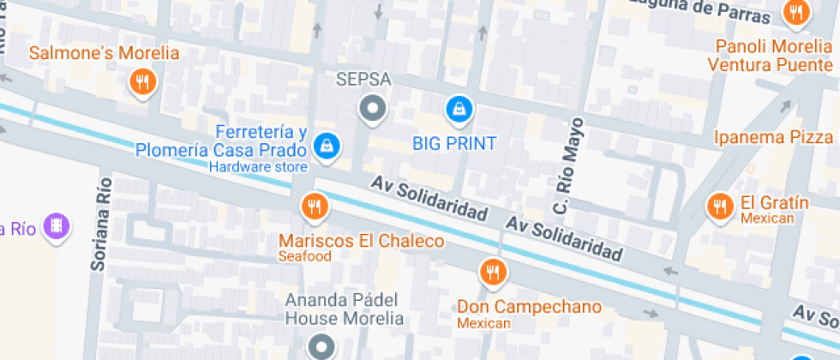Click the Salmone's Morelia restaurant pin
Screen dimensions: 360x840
[141, 82]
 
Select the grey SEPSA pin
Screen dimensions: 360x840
[372, 109]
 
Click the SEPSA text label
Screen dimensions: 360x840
[363, 80]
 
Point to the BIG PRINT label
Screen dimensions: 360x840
[454, 142]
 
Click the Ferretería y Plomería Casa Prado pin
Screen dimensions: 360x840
[327, 146]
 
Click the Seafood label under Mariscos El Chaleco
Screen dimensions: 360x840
[304, 256]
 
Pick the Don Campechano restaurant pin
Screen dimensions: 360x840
[492, 272]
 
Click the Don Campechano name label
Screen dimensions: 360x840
[529, 306]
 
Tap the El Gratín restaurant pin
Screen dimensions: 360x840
[718, 206]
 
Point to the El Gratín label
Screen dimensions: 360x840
[775, 203]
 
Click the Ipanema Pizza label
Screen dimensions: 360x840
[773, 137]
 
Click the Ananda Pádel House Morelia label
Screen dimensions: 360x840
[344, 309]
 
